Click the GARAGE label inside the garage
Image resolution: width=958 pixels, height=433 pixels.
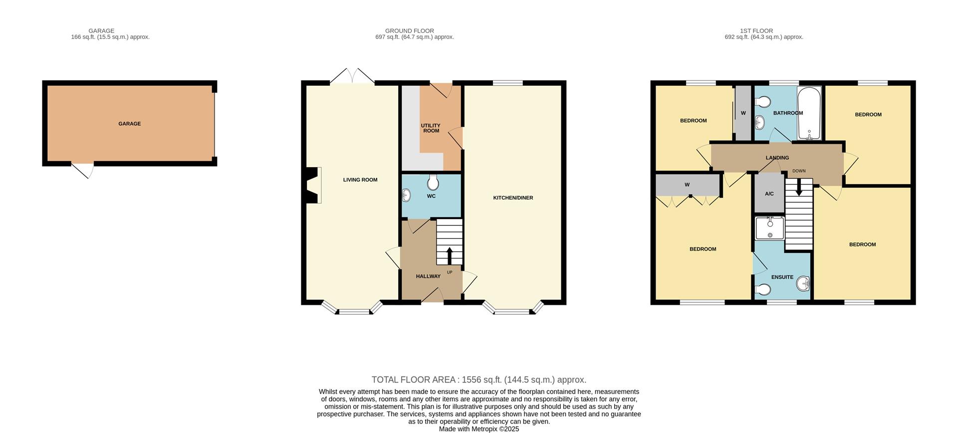tap(129, 124)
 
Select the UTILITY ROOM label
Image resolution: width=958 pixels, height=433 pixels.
tap(431, 128)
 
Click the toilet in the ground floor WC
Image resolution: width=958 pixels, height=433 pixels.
tap(433, 183)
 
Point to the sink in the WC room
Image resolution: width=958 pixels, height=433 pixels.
tap(406, 196)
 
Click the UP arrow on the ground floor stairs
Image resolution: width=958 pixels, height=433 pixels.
tap(449, 255)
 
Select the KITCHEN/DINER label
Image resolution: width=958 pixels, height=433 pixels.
tap(513, 198)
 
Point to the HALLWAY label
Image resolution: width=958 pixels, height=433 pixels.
tap(428, 276)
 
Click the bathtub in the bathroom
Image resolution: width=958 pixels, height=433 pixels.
tap(809, 114)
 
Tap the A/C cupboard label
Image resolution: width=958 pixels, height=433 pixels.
tap(769, 194)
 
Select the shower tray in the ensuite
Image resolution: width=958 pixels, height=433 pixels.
tap(769, 228)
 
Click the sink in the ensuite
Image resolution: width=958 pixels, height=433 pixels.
tap(803, 284)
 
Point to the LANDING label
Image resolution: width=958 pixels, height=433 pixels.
tap(777, 158)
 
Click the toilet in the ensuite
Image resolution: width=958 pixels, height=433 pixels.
tap(762, 289)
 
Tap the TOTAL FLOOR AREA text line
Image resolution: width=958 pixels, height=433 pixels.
tap(479, 380)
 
